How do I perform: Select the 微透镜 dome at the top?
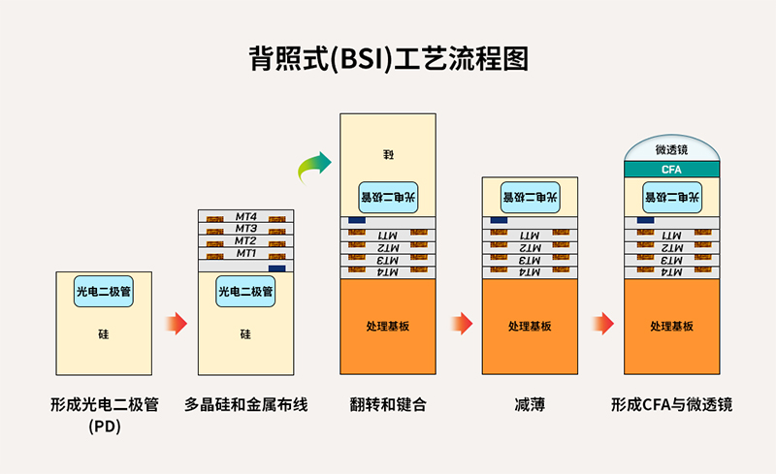pos(672,150)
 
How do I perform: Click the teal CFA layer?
pos(672,170)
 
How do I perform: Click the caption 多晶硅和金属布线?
pos(245,404)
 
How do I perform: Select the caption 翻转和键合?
pos(388,404)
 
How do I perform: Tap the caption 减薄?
pos(531,404)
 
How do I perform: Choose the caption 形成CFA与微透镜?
pos(671,404)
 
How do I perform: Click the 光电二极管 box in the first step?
pos(104,291)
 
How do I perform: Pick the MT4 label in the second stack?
pos(245,216)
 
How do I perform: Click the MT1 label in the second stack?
pos(245,253)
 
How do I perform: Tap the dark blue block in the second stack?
pos(276,268)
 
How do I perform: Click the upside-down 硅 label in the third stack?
pos(388,155)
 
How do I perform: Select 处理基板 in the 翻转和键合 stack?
pos(388,326)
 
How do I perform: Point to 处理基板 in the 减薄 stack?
pos(531,326)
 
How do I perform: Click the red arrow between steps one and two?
pos(176,323)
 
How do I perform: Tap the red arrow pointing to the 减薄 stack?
pos(462,323)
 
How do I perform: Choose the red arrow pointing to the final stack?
pos(603,323)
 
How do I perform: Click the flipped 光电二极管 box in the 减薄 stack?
pos(531,198)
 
